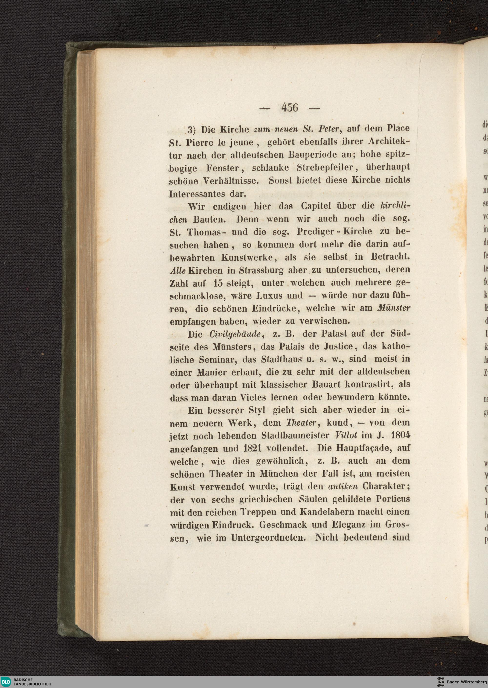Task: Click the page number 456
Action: click(290, 107)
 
